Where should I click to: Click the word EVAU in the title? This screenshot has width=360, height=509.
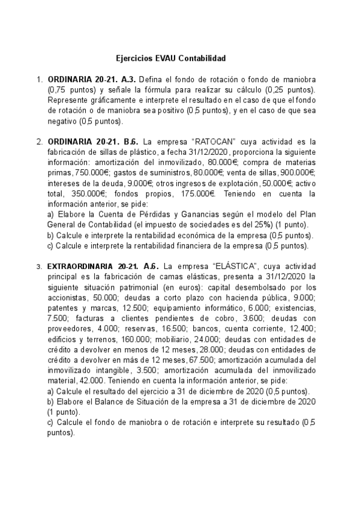click(x=166, y=59)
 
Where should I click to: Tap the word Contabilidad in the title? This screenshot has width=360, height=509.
click(x=201, y=59)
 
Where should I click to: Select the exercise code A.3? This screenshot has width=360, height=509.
click(x=128, y=80)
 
